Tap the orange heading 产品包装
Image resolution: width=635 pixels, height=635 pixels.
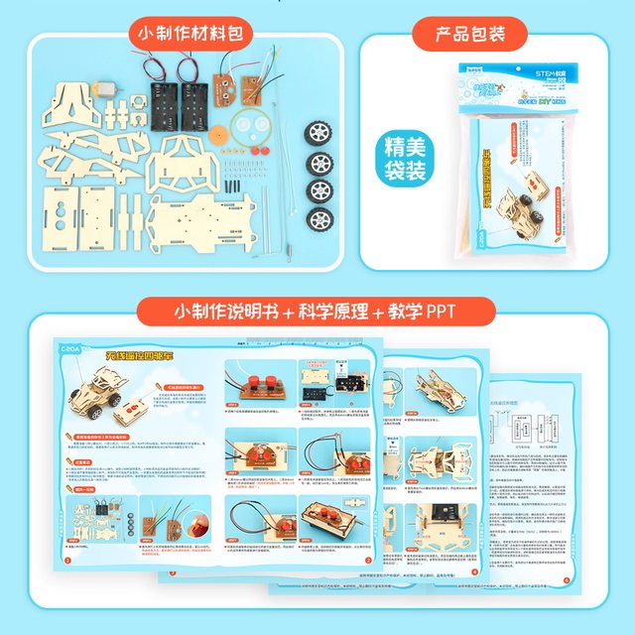point(470,34)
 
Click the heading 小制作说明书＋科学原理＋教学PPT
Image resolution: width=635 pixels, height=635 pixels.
point(316,310)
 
